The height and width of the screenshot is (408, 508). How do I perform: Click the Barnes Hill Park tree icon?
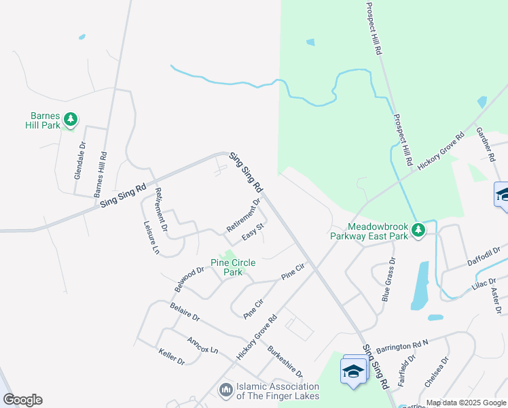tap(69, 120)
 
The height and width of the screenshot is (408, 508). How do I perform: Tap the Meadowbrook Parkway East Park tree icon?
tap(419, 230)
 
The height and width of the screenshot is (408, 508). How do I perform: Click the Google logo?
tap(22, 400)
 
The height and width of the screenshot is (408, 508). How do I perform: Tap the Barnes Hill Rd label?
tap(101, 173)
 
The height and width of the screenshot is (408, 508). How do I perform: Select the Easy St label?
tap(253, 237)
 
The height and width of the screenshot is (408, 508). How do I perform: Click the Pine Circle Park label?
tap(227, 267)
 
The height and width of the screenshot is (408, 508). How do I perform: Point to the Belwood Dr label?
tap(189, 279)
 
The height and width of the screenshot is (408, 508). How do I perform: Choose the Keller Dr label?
tap(171, 356)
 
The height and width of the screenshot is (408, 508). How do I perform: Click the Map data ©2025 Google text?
tap(466, 403)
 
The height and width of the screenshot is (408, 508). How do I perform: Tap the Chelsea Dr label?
tap(436, 372)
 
